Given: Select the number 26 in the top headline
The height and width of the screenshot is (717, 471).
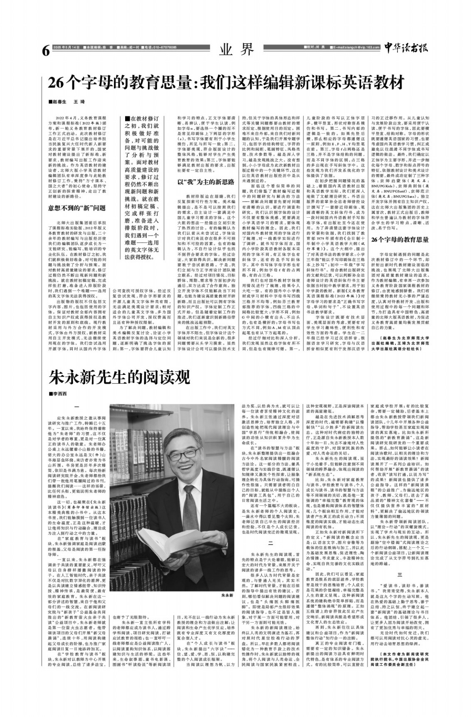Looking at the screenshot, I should tap(58, 83).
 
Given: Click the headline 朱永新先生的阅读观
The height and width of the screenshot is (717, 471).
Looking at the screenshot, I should tap(119, 377).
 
